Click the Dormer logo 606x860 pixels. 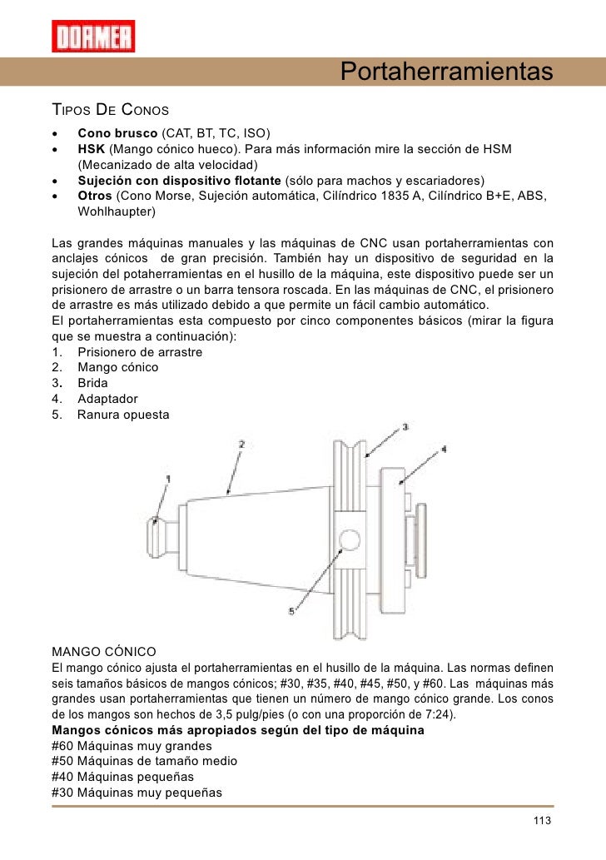(93, 36)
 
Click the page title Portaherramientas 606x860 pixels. (447, 72)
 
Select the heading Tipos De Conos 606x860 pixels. (111, 111)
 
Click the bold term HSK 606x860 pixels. (92, 149)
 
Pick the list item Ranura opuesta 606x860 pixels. (122, 414)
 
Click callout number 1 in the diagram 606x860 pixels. (167, 479)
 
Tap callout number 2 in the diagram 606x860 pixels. (241, 445)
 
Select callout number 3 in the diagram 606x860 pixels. (405, 426)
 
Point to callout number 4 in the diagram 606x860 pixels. (444, 449)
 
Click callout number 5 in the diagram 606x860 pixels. (291, 610)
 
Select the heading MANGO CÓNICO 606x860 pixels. (103, 650)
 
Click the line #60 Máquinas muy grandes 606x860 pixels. (132, 745)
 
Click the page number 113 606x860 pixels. (542, 822)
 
